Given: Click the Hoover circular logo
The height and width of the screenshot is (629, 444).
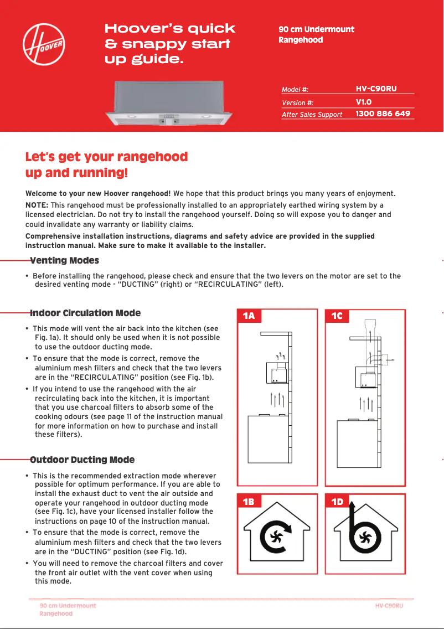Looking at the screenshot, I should (44, 44).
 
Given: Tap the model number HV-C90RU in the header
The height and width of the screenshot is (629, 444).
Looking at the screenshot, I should (376, 89).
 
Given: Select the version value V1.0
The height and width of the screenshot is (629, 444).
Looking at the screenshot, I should (363, 102).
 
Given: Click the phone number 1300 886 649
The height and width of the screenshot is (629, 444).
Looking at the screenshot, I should (383, 114).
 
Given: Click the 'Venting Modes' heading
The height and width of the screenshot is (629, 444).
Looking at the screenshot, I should (64, 260).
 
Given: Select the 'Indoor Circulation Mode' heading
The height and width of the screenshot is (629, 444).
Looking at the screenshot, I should (85, 313).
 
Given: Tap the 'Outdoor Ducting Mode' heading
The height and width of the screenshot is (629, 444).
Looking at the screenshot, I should (82, 460).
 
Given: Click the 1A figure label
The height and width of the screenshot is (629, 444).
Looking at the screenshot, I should (249, 316).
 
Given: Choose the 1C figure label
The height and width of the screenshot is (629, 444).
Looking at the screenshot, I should (337, 316).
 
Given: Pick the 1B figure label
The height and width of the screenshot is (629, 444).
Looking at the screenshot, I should (249, 502).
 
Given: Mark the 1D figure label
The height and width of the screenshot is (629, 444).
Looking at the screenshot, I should (337, 502).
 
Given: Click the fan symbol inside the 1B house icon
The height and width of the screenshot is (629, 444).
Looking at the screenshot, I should (276, 536).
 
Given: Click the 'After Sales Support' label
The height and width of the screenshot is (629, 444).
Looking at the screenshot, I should (312, 114).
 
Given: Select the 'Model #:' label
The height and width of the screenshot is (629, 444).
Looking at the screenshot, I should (295, 90).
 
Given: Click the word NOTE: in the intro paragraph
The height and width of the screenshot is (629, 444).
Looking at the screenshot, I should (37, 205).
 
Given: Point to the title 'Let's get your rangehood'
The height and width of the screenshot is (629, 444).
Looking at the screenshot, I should (106, 157).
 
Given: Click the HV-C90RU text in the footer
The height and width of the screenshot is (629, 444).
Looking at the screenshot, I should (389, 606).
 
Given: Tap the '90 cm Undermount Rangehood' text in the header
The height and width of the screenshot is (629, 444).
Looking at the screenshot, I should (316, 34).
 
